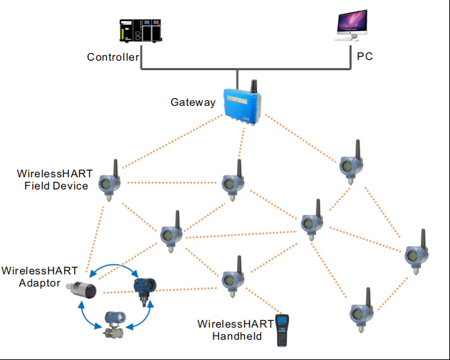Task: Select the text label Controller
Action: click(x=112, y=57)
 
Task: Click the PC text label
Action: click(x=364, y=57)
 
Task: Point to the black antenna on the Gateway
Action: click(x=255, y=87)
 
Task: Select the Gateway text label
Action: click(x=193, y=102)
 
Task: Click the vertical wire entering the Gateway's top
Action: click(x=237, y=78)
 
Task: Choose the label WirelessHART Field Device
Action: click(x=55, y=179)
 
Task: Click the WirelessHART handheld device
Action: click(x=281, y=330)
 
